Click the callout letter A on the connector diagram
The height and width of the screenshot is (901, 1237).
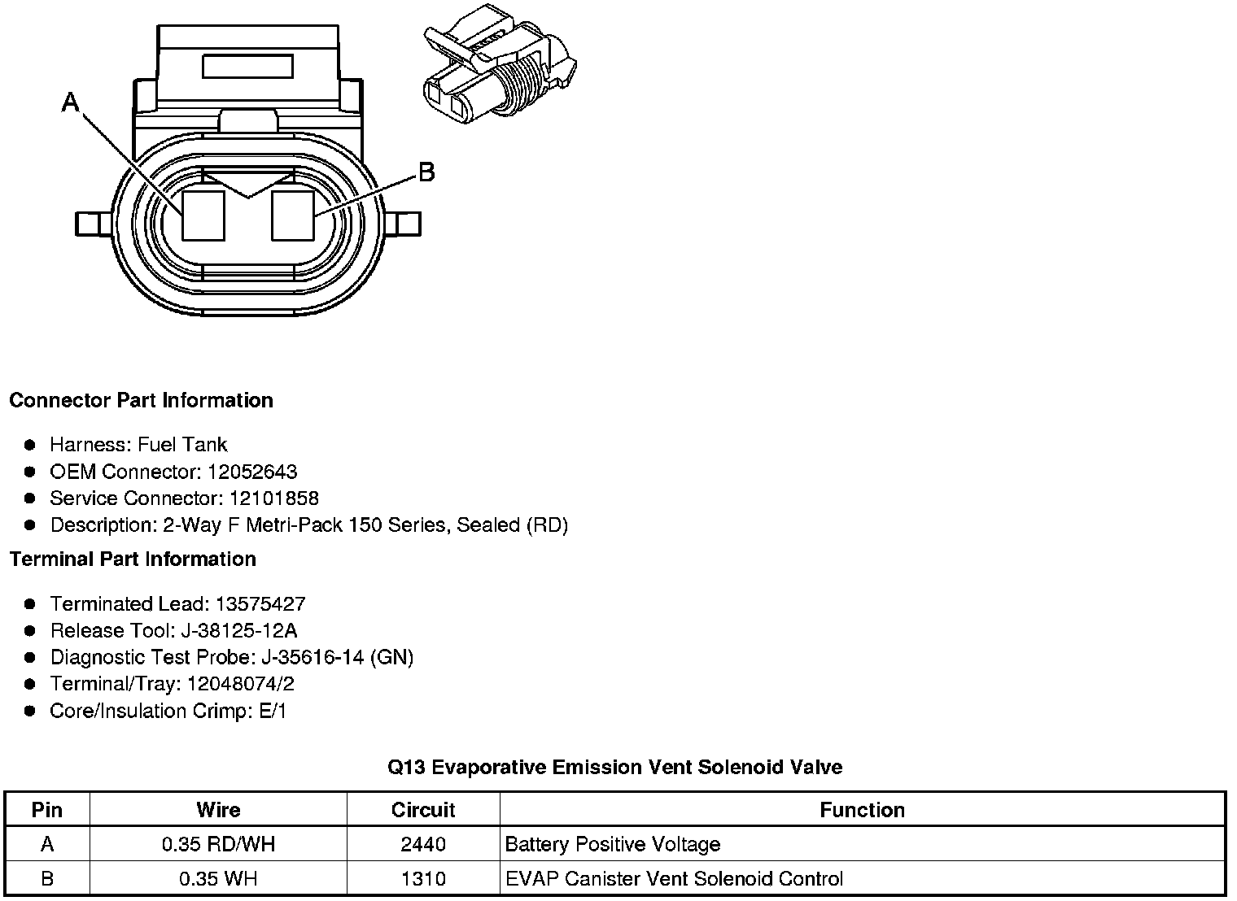[72, 102]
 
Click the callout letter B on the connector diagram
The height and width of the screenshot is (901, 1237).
[426, 172]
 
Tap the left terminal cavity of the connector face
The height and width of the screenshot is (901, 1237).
[203, 215]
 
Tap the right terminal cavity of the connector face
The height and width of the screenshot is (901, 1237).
[292, 215]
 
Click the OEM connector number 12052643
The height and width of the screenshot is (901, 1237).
[252, 472]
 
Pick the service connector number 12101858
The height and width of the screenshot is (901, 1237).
[274, 498]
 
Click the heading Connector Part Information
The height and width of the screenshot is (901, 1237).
[141, 400]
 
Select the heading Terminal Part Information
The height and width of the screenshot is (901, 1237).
[133, 559]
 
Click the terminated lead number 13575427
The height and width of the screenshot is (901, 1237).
[260, 604]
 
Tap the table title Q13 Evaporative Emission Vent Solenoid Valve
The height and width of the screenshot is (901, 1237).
[614, 767]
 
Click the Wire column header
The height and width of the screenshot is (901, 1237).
[218, 810]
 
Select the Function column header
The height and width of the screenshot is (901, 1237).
[862, 810]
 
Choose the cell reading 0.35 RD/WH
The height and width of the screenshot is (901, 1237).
[218, 844]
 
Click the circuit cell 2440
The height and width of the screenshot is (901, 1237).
[423, 844]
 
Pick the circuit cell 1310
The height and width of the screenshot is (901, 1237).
[423, 878]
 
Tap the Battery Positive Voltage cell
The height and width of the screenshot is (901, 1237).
[612, 844]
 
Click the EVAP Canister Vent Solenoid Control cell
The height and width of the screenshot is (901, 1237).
[674, 878]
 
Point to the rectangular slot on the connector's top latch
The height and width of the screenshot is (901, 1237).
[247, 66]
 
